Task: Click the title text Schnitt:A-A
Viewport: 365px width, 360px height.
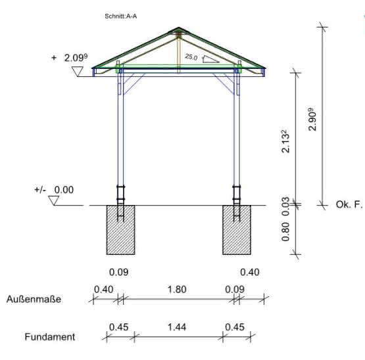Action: pyautogui.click(x=120, y=16)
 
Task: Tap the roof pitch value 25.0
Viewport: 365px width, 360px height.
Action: pyautogui.click(x=191, y=56)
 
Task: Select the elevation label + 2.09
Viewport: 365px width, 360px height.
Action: pyautogui.click(x=69, y=58)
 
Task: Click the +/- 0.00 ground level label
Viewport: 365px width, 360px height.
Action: pyautogui.click(x=54, y=190)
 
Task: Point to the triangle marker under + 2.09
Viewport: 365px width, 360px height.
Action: pyautogui.click(x=78, y=71)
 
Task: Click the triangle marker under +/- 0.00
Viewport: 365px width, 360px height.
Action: pyautogui.click(x=54, y=200)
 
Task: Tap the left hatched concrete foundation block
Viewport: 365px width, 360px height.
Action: pyautogui.click(x=120, y=230)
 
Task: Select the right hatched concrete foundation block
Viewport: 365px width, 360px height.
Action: pyautogui.click(x=237, y=230)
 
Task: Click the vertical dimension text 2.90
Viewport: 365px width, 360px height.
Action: pyautogui.click(x=312, y=120)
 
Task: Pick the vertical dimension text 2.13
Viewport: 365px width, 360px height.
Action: pyautogui.click(x=286, y=141)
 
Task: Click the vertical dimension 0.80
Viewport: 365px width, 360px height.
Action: pyautogui.click(x=285, y=232)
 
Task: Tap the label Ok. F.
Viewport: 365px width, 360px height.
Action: pyautogui.click(x=349, y=205)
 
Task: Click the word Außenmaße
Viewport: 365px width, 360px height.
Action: pyautogui.click(x=34, y=299)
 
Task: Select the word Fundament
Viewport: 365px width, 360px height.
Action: pyautogui.click(x=50, y=337)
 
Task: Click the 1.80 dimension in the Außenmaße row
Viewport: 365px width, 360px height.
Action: pyautogui.click(x=177, y=290)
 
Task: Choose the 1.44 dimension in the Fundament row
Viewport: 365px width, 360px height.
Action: pyautogui.click(x=177, y=327)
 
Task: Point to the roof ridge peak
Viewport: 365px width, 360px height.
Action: pyautogui.click(x=178, y=28)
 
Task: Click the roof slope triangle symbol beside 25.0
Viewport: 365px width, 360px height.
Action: pyautogui.click(x=210, y=59)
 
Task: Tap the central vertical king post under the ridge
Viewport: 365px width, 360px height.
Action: pyautogui.click(x=178, y=53)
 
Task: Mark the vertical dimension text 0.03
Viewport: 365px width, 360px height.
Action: pyautogui.click(x=285, y=206)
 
